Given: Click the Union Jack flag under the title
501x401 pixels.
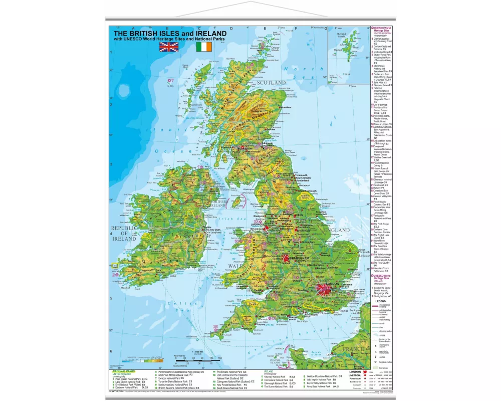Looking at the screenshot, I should [x=168, y=47].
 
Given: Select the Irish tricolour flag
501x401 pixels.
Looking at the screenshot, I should [x=203, y=47].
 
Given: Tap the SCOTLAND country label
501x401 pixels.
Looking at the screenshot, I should [x=271, y=82].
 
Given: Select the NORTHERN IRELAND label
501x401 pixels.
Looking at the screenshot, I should [x=218, y=203].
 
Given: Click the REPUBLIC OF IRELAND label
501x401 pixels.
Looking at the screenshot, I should [x=123, y=234].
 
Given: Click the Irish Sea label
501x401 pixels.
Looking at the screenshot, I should [x=232, y=218].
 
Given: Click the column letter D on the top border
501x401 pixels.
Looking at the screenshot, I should [x=231, y=29].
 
